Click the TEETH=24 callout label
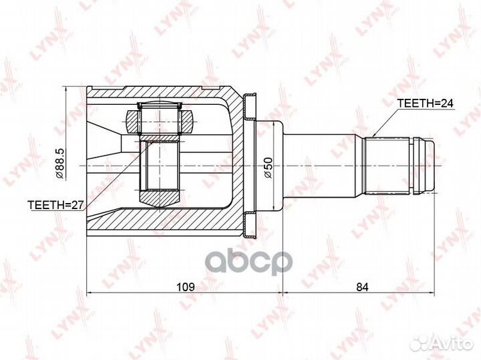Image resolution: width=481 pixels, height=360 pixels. [x=425, y=104]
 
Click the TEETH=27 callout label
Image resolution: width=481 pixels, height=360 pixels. [x=55, y=205]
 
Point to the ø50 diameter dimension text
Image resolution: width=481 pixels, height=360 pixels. [x=267, y=167]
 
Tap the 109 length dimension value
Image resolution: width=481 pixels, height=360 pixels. [x=185, y=287]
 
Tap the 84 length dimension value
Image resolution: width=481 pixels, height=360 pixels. [x=362, y=287]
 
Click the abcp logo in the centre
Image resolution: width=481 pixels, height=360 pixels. [x=248, y=262]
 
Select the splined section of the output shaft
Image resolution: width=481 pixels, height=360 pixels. [x=386, y=166]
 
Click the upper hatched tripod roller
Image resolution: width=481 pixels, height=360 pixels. [x=160, y=122]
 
